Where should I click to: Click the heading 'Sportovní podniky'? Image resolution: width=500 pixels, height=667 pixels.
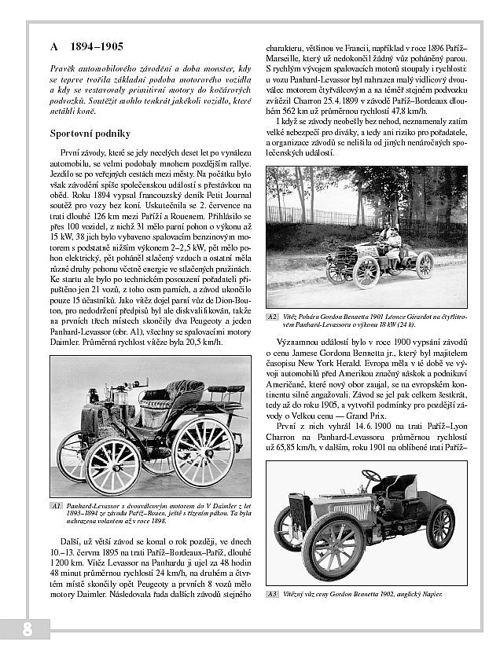(90, 134)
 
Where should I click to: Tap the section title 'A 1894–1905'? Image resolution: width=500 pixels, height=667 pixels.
(86, 47)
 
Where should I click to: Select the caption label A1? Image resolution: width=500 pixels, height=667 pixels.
(56, 505)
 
